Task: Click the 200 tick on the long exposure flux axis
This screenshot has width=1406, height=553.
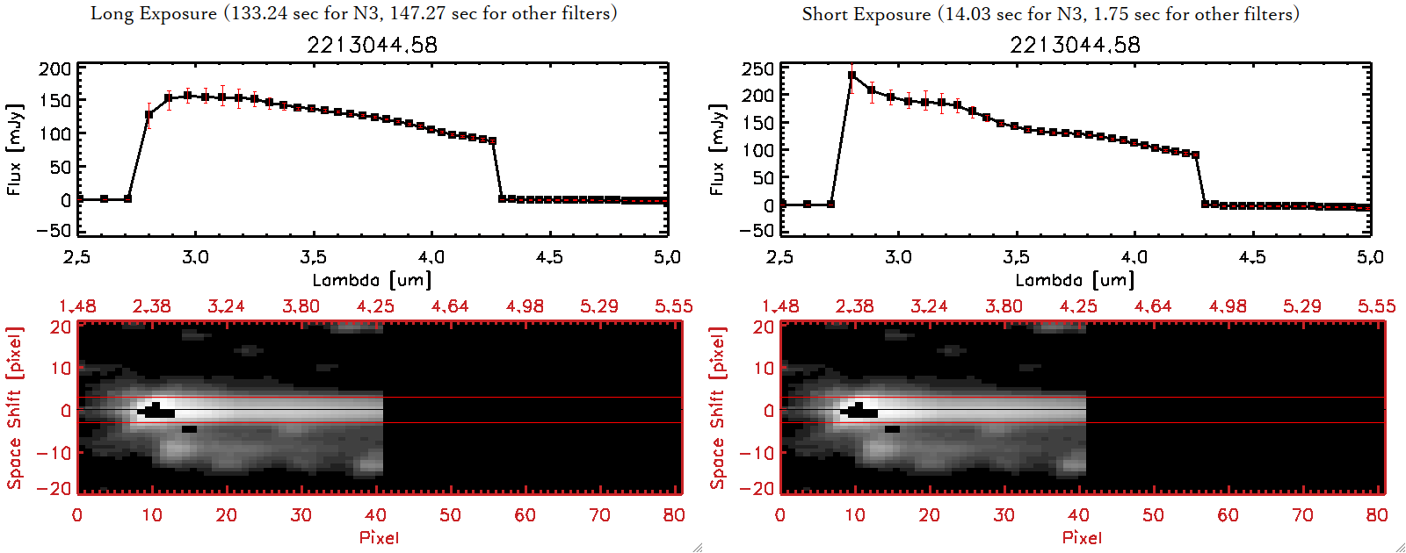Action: pyautogui.click(x=55, y=69)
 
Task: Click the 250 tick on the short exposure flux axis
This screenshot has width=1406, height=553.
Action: pyautogui.click(x=757, y=69)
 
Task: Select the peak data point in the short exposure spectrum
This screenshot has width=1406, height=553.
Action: pyautogui.click(x=852, y=75)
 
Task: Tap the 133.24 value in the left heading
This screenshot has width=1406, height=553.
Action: pyautogui.click(x=257, y=13)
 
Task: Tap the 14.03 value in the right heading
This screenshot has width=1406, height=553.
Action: pyautogui.click(x=968, y=14)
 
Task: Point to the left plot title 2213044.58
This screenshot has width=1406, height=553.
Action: pyautogui.click(x=372, y=45)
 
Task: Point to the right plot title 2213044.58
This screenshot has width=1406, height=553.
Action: pyautogui.click(x=1075, y=45)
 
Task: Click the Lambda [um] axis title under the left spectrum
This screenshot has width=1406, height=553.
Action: pyautogui.click(x=372, y=280)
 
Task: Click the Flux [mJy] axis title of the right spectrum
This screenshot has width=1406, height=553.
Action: pyautogui.click(x=717, y=149)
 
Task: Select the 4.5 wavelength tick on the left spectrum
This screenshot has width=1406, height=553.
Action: pyautogui.click(x=549, y=257)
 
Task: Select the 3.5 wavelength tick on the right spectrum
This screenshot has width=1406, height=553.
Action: pyautogui.click(x=1016, y=257)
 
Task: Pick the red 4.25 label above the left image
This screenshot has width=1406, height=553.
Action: pyautogui.click(x=375, y=306)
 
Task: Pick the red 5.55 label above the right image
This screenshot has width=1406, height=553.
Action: pyautogui.click(x=1376, y=306)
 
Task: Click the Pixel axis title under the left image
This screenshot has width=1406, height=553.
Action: pyautogui.click(x=379, y=537)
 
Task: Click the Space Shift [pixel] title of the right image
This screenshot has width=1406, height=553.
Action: pyautogui.click(x=717, y=408)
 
